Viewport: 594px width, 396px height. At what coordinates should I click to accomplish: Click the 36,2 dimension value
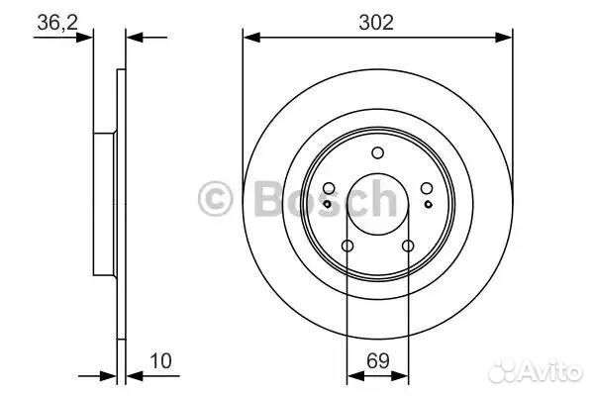57,23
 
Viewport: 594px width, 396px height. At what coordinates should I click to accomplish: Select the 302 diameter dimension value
376,23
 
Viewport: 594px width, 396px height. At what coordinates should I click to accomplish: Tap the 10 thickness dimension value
161,361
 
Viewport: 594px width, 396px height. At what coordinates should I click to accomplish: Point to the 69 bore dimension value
378,360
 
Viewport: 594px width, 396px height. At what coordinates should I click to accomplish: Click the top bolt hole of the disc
378,153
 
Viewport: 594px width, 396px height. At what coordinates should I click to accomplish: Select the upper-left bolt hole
329,188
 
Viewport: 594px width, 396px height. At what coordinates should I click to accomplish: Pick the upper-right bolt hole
427,188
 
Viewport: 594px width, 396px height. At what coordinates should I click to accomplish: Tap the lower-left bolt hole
347,246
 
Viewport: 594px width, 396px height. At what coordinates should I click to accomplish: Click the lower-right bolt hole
408,246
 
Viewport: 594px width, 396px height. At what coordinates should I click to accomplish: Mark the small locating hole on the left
328,204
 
